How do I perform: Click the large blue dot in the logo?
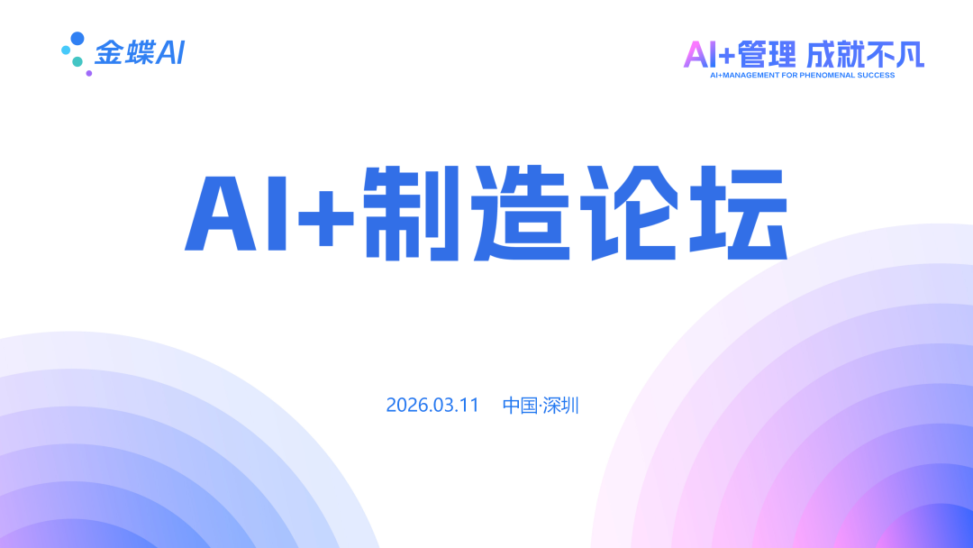click(77, 39)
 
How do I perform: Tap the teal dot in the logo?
click(77, 61)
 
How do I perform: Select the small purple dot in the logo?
click(88, 73)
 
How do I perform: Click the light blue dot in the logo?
click(66, 50)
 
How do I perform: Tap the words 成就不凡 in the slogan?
click(866, 55)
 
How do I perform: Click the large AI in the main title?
click(236, 214)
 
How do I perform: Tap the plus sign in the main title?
click(326, 218)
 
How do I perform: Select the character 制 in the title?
click(411, 213)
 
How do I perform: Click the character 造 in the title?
click(521, 213)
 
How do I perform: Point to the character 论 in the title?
click(628, 213)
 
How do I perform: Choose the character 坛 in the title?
click(739, 213)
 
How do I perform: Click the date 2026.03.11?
click(432, 406)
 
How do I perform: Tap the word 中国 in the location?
click(520, 406)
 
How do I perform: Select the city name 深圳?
click(561, 406)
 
